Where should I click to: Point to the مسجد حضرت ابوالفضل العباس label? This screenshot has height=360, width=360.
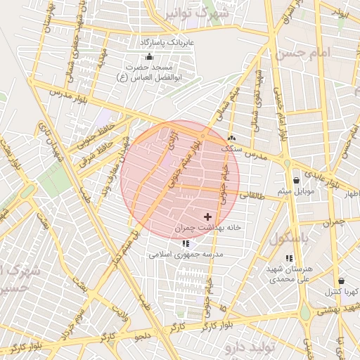(148, 72)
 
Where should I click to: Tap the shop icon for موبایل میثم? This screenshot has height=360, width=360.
(296, 180)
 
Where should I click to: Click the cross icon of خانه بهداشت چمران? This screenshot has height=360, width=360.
(207, 217)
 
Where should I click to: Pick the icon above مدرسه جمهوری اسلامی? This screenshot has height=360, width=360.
(185, 243)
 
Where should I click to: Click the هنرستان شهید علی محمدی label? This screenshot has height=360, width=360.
(288, 274)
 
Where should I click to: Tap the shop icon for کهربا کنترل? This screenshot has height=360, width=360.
(341, 281)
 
